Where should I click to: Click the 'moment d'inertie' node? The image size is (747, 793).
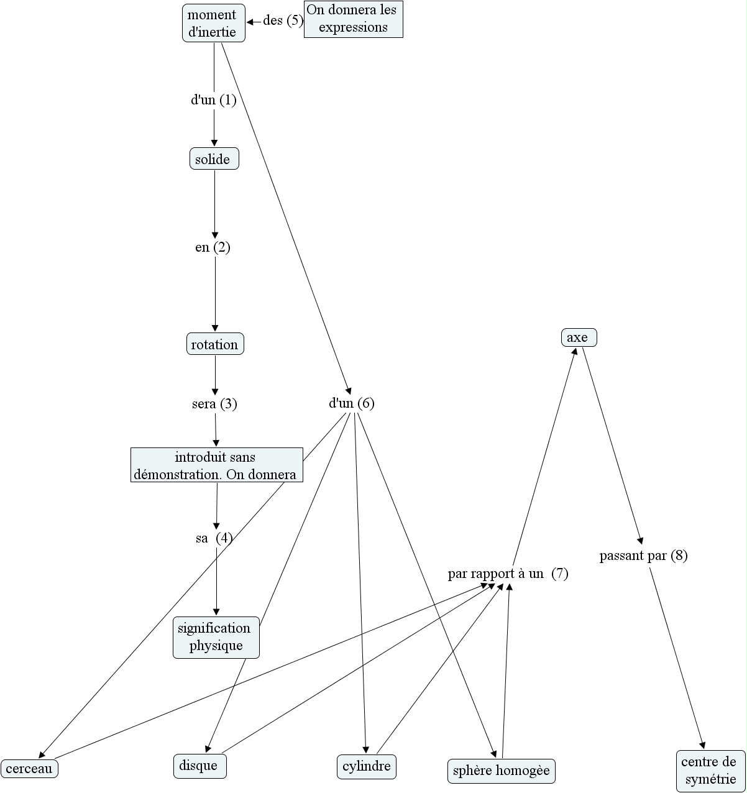(x=213, y=24)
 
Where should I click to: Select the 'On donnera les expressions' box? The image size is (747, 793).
(x=353, y=19)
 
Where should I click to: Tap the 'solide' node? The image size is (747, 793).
(x=214, y=159)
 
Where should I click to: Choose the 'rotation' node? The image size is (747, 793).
(x=215, y=344)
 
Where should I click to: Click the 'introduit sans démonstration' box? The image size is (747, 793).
(x=216, y=465)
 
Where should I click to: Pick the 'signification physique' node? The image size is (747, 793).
(x=216, y=637)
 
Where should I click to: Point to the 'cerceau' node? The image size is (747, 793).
(x=29, y=768)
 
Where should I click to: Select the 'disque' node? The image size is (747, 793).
(x=199, y=766)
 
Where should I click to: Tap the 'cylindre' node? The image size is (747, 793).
(x=367, y=766)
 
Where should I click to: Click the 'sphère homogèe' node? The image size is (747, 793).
(x=501, y=771)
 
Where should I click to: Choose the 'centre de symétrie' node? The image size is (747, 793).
(x=710, y=771)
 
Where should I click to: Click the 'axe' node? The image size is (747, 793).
(x=579, y=337)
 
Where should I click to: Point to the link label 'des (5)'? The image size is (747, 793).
(x=283, y=21)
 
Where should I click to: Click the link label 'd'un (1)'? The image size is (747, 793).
(x=214, y=100)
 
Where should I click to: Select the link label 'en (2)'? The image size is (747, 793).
(x=213, y=247)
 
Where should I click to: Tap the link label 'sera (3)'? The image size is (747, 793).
(x=214, y=404)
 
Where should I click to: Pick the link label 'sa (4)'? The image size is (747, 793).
(x=214, y=538)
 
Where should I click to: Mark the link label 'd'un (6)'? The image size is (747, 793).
(x=351, y=403)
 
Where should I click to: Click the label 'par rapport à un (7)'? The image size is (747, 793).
(x=508, y=574)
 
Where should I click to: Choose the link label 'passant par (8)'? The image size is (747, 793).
(x=643, y=556)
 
